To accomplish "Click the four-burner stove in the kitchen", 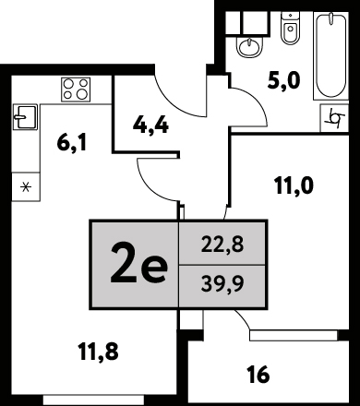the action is tap(76, 90).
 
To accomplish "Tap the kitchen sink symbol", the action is tap(25, 117).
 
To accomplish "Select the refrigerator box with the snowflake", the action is tap(26, 187).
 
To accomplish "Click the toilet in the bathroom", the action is tap(290, 28).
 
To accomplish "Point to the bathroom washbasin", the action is tap(250, 46).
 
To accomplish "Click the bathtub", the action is tap(330, 55).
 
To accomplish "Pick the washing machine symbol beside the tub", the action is tap(334, 118).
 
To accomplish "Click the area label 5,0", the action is tap(283, 81).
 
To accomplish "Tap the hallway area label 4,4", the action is tap(150, 125).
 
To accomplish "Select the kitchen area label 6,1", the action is tap(72, 143).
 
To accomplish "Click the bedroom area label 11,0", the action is tap(294, 185).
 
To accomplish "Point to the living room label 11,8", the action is tap(98, 352).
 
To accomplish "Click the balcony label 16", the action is tap(258, 375).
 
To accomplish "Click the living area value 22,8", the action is tap(222, 245).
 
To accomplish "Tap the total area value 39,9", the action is tap(222, 283).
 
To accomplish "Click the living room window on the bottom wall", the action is tap(93, 400).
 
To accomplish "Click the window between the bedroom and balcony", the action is tap(294, 336).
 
